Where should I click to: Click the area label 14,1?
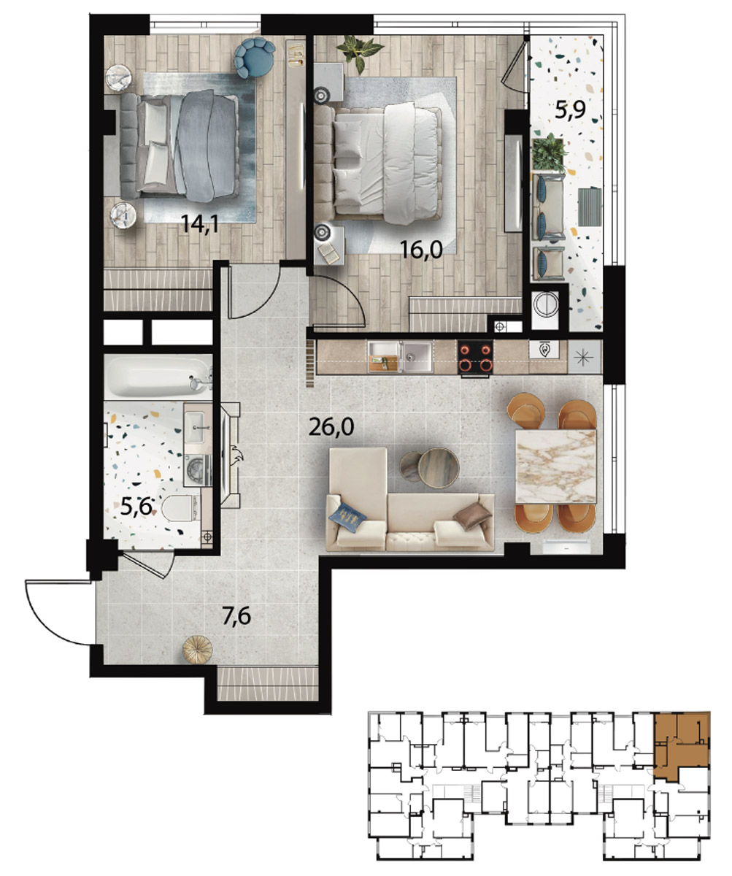[x=200, y=224]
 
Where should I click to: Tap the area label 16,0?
[x=421, y=250]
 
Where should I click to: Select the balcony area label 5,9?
[x=571, y=111]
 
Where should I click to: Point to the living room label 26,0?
[x=331, y=427]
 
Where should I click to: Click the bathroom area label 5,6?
[x=136, y=507]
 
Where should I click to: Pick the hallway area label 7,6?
[x=236, y=616]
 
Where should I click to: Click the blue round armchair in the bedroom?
[x=255, y=58]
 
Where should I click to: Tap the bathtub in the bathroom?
[x=158, y=377]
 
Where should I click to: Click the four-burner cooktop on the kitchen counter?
[x=475, y=358]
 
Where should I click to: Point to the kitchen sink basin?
[x=417, y=356]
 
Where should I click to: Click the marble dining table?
[x=555, y=466]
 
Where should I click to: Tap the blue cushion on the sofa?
[x=347, y=517]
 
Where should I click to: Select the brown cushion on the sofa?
[x=472, y=516]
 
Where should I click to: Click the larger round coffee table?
[x=439, y=468]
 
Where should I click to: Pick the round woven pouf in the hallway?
[x=198, y=650]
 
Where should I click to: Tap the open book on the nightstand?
[x=330, y=253]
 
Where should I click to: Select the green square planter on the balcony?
[x=550, y=153]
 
